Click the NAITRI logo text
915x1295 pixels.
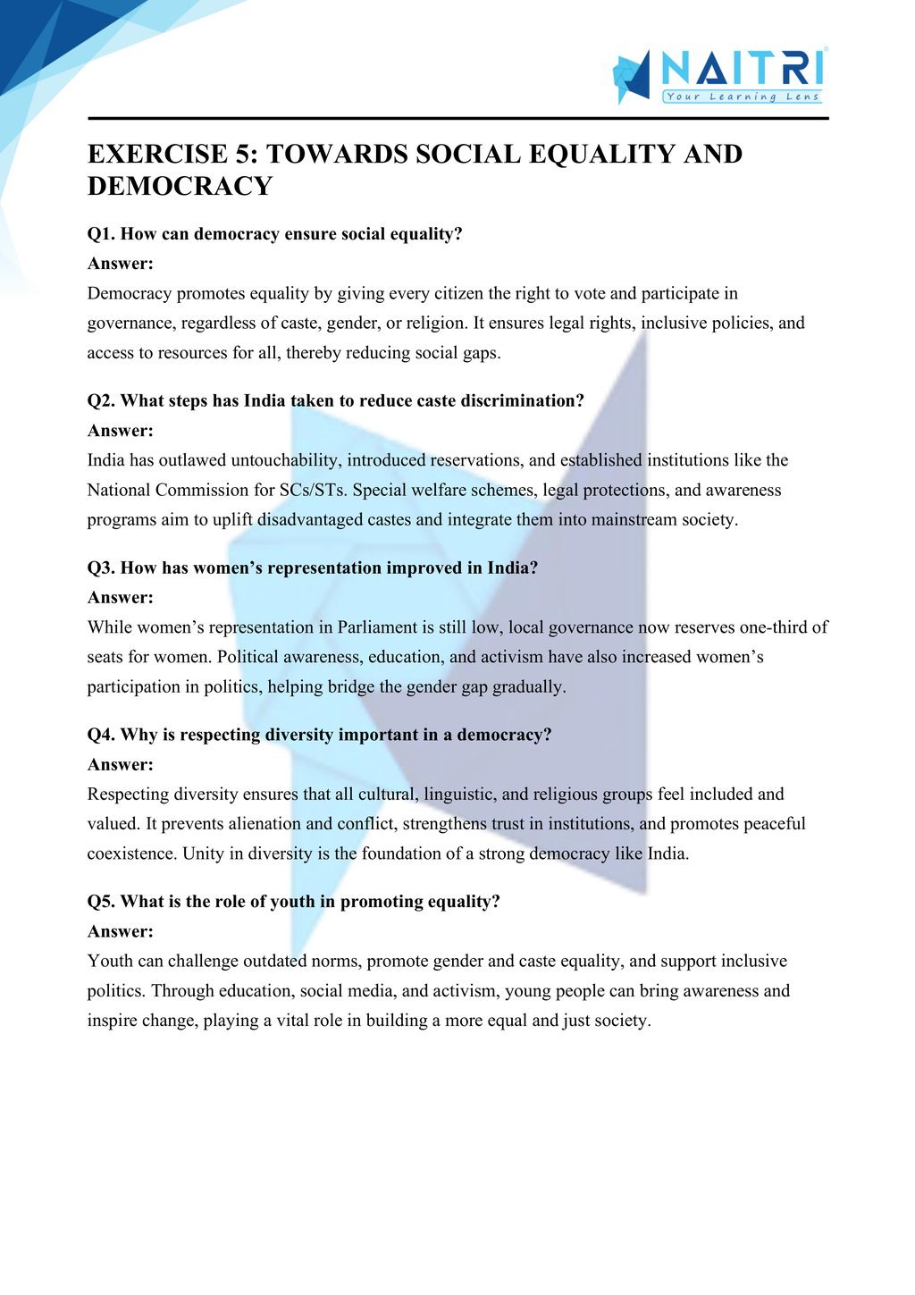[742, 69]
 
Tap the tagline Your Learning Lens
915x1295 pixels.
[743, 97]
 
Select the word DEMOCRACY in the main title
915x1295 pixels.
[180, 186]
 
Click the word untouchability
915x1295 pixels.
[285, 460]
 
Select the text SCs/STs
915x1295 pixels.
[312, 491]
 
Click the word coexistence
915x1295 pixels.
[132, 854]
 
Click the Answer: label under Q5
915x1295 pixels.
[121, 931]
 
